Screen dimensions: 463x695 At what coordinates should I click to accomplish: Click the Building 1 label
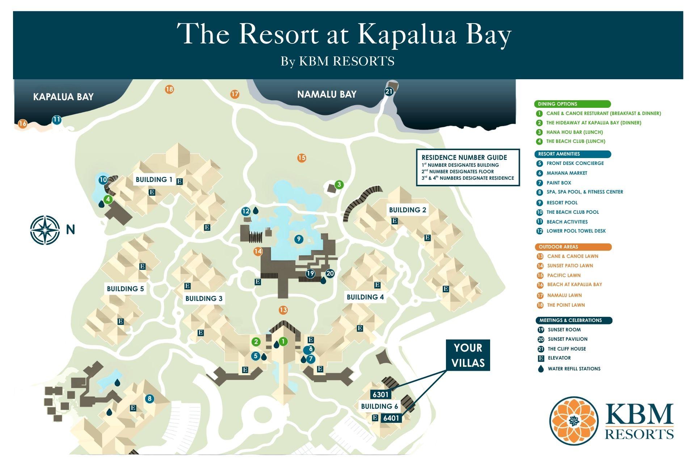click(154, 179)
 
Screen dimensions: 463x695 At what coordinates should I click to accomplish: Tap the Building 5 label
click(125, 289)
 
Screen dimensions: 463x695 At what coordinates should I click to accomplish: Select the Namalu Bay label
click(327, 94)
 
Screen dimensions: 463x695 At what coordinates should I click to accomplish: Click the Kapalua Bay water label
click(63, 97)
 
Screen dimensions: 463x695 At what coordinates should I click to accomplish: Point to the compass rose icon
click(45, 230)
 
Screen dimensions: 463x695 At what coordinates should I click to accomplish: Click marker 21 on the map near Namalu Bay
click(389, 92)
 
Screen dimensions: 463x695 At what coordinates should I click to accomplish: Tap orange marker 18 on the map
click(169, 89)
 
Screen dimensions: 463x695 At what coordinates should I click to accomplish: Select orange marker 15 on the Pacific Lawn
click(302, 158)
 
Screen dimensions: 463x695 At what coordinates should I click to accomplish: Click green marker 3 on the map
click(339, 185)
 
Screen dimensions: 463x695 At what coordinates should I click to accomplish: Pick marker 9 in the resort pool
click(299, 239)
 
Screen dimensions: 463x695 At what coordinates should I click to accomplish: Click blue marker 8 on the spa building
click(149, 399)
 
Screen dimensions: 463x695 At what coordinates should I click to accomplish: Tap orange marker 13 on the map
click(283, 310)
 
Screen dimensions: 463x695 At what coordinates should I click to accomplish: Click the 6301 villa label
click(380, 394)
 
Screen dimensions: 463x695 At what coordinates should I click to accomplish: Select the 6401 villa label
click(391, 418)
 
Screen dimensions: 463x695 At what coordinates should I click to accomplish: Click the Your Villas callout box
click(468, 355)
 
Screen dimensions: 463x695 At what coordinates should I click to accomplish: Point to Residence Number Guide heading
click(464, 157)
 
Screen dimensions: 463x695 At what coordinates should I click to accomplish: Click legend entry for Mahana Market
click(566, 173)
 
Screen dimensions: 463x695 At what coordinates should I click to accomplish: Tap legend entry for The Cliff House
click(566, 349)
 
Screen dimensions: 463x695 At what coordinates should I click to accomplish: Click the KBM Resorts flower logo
click(574, 421)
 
